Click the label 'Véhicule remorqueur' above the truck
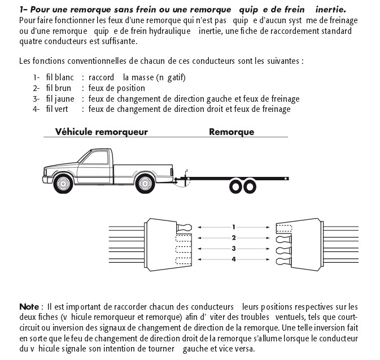(x=102, y=132)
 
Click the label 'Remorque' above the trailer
(x=232, y=132)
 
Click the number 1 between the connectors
(x=233, y=227)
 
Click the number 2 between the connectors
(x=233, y=237)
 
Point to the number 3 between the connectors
(x=233, y=248)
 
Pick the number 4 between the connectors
(x=233, y=259)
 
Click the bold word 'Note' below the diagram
(x=29, y=306)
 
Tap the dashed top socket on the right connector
(x=284, y=227)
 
